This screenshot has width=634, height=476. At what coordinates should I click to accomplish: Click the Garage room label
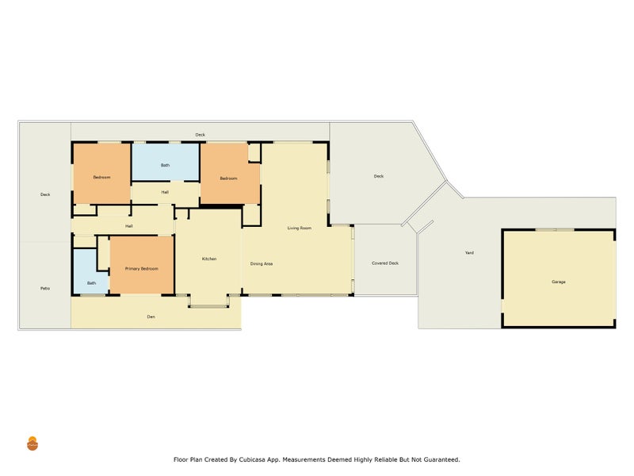[559, 282]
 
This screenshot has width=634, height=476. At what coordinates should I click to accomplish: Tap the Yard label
[469, 252]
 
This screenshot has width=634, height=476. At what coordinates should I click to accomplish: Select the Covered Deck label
[385, 263]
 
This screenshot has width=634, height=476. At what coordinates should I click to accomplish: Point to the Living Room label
[300, 228]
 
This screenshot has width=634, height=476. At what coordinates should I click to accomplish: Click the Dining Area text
[262, 264]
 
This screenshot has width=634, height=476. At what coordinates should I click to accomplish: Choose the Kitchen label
[209, 259]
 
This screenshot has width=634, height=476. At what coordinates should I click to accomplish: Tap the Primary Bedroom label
[142, 269]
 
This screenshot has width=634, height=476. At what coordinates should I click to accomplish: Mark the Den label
[151, 317]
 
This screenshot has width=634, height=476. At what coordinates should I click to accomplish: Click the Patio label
[45, 289]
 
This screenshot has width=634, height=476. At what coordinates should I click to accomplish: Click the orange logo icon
[32, 443]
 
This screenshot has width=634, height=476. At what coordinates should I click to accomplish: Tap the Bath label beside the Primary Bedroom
[91, 283]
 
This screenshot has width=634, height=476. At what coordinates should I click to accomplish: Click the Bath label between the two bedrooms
[165, 165]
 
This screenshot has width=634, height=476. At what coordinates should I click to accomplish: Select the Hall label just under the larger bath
[165, 192]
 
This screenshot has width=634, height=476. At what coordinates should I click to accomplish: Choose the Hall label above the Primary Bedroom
[129, 226]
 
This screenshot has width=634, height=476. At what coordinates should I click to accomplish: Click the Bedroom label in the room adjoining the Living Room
[228, 178]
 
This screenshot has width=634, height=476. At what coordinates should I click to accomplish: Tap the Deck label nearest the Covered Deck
[379, 176]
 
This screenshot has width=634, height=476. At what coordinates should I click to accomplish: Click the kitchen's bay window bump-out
[208, 301]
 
